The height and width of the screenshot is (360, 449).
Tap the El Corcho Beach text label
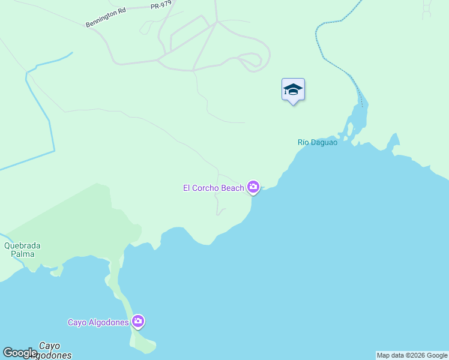pyautogui.click(x=214, y=188)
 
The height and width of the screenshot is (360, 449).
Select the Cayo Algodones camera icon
pyautogui.click(x=138, y=322)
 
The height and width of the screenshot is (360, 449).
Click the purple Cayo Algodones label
pyautogui.click(x=98, y=323)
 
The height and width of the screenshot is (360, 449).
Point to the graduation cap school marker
pyautogui.click(x=293, y=90)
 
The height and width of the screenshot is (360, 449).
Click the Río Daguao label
pyautogui.click(x=318, y=142)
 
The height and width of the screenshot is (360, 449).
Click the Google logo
pyautogui.click(x=19, y=353)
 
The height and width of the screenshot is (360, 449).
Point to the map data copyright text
pyautogui.click(x=412, y=355)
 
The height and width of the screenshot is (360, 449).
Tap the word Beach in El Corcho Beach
pyautogui.click(x=232, y=188)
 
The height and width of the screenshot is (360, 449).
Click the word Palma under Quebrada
pyautogui.click(x=23, y=254)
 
